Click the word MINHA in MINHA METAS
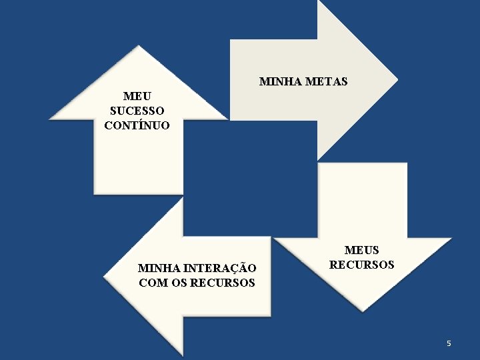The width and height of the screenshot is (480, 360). pyautogui.click(x=276, y=82)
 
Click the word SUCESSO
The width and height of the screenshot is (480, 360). pyautogui.click(x=137, y=111)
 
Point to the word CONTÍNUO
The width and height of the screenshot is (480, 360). pyautogui.click(x=137, y=125)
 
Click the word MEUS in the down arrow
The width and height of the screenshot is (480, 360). pyautogui.click(x=361, y=251)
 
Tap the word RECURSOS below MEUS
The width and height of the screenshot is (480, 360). pyautogui.click(x=361, y=265)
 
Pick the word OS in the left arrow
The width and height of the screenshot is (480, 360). pyautogui.click(x=178, y=283)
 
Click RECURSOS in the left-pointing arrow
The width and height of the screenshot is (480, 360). pyautogui.click(x=223, y=283)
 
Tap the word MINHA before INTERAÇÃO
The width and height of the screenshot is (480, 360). pyautogui.click(x=157, y=269)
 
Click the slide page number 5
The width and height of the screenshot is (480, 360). pyautogui.click(x=449, y=343)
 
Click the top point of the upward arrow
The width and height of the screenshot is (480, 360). pyautogui.click(x=138, y=47)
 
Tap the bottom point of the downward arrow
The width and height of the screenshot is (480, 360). pyautogui.click(x=362, y=310)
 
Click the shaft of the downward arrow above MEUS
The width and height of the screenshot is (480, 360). pyautogui.click(x=362, y=200)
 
